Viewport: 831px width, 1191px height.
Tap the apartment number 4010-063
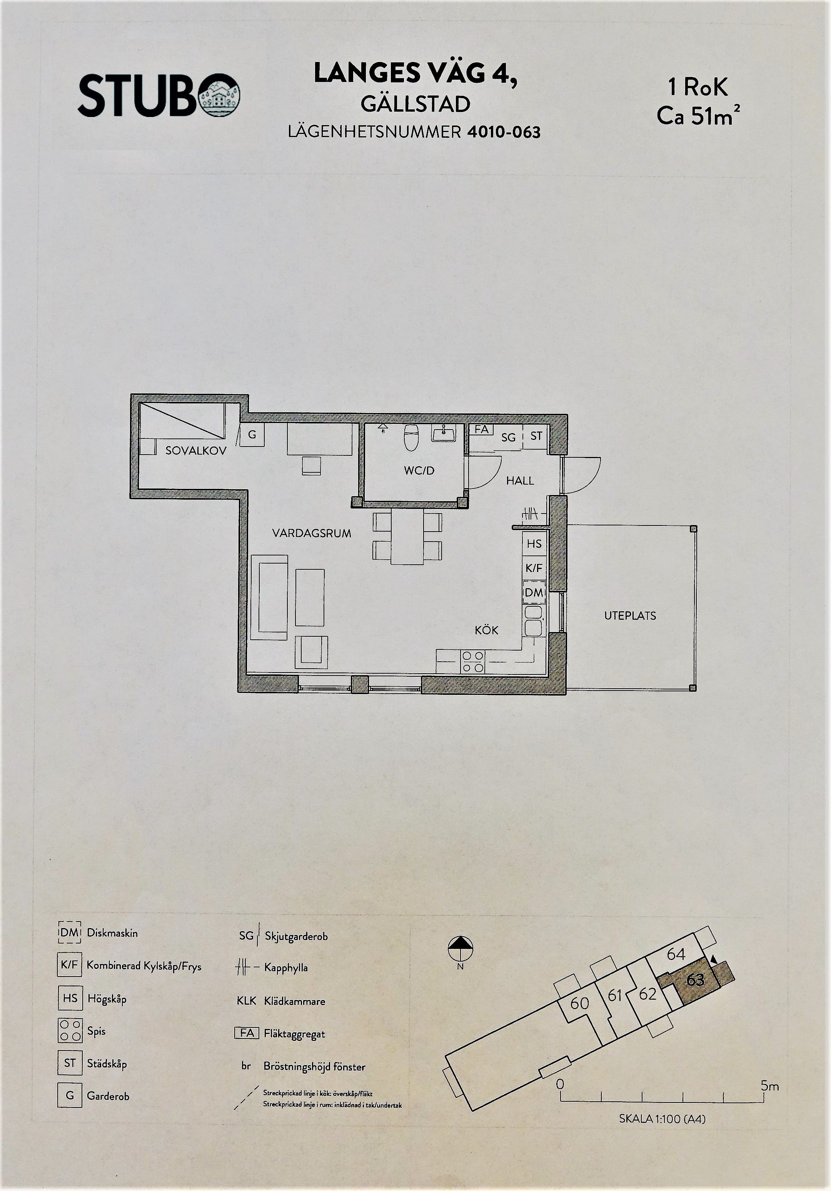pos(503,132)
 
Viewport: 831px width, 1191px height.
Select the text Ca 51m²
pos(698,116)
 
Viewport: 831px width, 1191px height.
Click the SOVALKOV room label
pos(196,451)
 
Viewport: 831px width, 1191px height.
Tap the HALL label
pos(520,481)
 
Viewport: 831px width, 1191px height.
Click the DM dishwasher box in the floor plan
pos(534,592)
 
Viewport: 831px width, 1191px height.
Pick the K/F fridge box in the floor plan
pos(534,568)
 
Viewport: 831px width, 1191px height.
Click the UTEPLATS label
pos(630,616)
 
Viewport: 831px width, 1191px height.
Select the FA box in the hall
pos(481,430)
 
